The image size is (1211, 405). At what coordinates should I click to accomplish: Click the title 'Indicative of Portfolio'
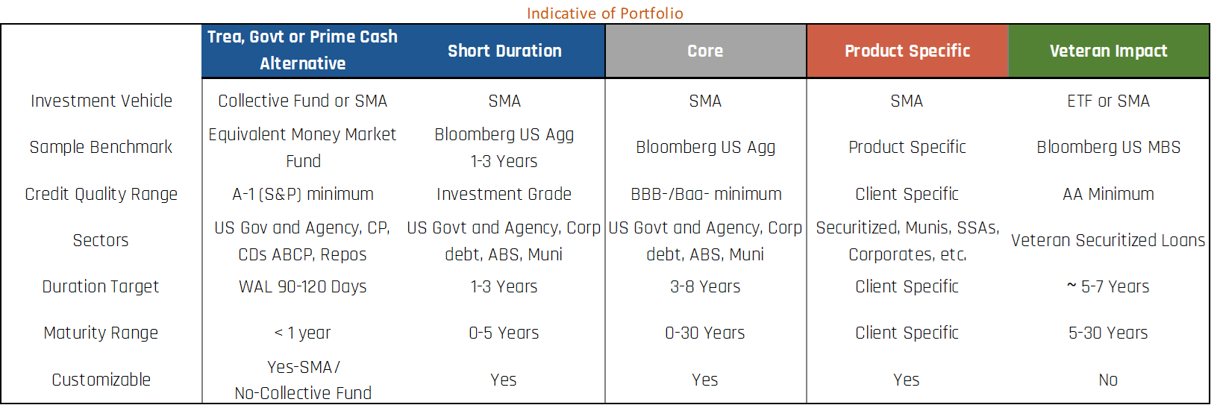pyautogui.click(x=605, y=13)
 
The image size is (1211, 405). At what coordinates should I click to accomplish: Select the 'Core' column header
pyautogui.click(x=706, y=51)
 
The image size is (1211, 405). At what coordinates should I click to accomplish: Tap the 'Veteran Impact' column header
pyautogui.click(x=1108, y=51)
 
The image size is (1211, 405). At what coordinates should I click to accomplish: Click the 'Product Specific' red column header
pyautogui.click(x=907, y=51)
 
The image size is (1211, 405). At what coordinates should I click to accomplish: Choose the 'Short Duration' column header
pyautogui.click(x=504, y=51)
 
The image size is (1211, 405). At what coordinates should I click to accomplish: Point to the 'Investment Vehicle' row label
pyautogui.click(x=101, y=101)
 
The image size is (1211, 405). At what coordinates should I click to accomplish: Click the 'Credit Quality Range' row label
pyautogui.click(x=101, y=194)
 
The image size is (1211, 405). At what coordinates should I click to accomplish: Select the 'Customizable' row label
pyautogui.click(x=101, y=380)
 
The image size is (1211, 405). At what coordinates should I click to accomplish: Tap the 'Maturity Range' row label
pyautogui.click(x=101, y=333)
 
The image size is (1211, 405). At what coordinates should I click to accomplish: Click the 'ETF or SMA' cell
pyautogui.click(x=1108, y=101)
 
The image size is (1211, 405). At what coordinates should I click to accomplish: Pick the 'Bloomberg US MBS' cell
pyautogui.click(x=1108, y=147)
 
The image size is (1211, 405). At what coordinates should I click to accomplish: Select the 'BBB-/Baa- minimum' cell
pyautogui.click(x=706, y=194)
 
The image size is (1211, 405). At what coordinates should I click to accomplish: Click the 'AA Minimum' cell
pyautogui.click(x=1108, y=194)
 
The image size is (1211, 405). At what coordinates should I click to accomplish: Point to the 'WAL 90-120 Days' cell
pyautogui.click(x=303, y=286)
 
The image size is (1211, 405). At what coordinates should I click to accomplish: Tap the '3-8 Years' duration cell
pyautogui.click(x=706, y=286)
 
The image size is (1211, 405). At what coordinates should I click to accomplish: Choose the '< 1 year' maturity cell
pyautogui.click(x=303, y=333)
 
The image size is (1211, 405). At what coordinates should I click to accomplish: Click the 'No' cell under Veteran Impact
pyautogui.click(x=1108, y=380)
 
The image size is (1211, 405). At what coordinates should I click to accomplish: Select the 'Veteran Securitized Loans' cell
pyautogui.click(x=1108, y=240)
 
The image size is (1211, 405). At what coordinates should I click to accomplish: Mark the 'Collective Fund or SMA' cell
pyautogui.click(x=303, y=101)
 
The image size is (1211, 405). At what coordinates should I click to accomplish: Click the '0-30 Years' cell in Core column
pyautogui.click(x=705, y=333)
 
